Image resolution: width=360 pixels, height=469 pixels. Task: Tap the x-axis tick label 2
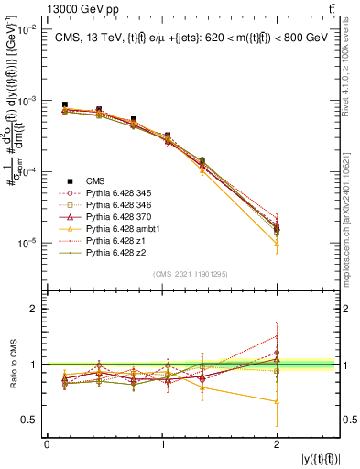point(277,445)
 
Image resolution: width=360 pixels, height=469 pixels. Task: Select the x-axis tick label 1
point(162,445)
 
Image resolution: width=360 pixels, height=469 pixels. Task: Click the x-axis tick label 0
point(47,445)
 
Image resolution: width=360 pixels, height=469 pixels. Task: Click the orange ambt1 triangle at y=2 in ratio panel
point(277,401)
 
